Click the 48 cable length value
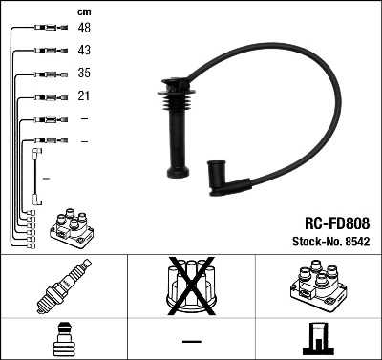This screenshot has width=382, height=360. click(x=85, y=29)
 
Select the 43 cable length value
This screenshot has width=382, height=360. click(x=85, y=51)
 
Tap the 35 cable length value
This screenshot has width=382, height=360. click(x=85, y=74)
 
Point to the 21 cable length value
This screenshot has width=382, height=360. click(x=84, y=96)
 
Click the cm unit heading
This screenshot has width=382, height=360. click(x=84, y=11)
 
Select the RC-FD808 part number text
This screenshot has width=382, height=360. click(x=330, y=222)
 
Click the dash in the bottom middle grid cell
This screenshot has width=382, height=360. click(x=191, y=340)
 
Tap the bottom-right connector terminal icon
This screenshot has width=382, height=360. click(x=318, y=339)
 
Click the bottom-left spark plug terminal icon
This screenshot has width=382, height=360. click(x=63, y=339)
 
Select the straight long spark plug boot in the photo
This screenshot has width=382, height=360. click(x=178, y=134)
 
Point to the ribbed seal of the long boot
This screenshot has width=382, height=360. click(x=178, y=99)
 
